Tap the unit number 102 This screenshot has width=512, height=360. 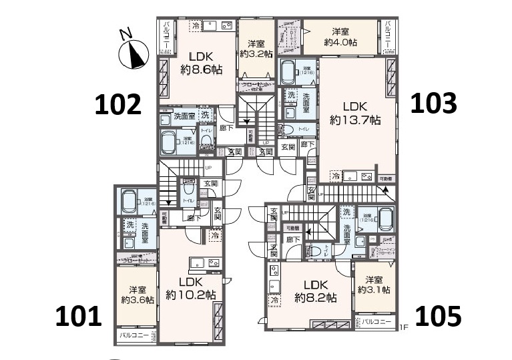click(118, 104)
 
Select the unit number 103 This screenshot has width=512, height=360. click(433, 103)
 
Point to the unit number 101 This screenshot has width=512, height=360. click(79, 316)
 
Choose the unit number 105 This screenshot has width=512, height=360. click(438, 316)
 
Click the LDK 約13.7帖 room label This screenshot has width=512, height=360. click(355, 114)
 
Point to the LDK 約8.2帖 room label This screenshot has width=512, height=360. click(313, 290)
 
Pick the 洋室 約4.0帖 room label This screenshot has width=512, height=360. click(340, 37)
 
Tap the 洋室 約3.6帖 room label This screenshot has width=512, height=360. click(138, 295)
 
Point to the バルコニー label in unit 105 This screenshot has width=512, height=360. click(377, 322)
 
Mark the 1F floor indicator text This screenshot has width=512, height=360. click(403, 327)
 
